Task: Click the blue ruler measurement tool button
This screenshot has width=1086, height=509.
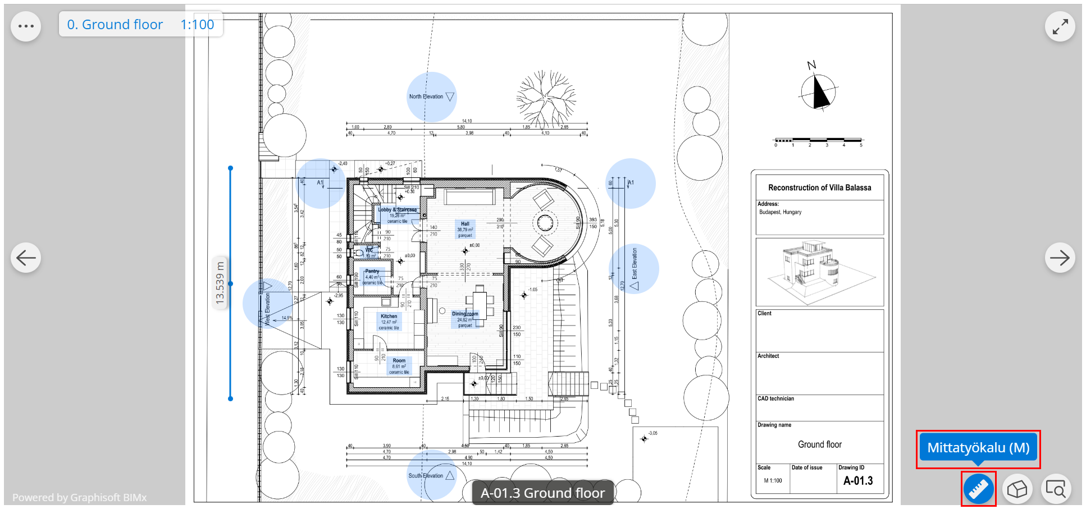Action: (978, 489)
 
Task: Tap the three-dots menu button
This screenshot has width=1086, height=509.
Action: (26, 26)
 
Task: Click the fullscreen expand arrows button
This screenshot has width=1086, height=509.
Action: (1060, 26)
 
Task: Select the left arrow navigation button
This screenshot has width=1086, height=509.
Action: (26, 258)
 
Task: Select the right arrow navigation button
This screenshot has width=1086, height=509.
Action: (1060, 258)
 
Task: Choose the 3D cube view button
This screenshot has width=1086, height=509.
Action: (1017, 489)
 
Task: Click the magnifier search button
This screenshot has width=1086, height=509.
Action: (1056, 489)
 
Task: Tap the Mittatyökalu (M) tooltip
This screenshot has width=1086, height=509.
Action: (978, 448)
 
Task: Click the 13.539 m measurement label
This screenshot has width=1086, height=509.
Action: (220, 283)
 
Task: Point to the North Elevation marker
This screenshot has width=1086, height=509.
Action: (431, 97)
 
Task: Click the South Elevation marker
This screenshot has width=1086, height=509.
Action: (431, 475)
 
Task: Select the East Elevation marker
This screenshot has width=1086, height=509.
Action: (634, 269)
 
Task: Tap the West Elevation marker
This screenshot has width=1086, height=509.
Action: (267, 304)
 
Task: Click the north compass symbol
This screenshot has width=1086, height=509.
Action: (818, 91)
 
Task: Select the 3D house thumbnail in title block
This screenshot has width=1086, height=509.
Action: (819, 272)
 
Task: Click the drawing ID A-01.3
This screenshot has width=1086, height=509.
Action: (858, 481)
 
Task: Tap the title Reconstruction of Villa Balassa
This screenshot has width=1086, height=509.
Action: (819, 187)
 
